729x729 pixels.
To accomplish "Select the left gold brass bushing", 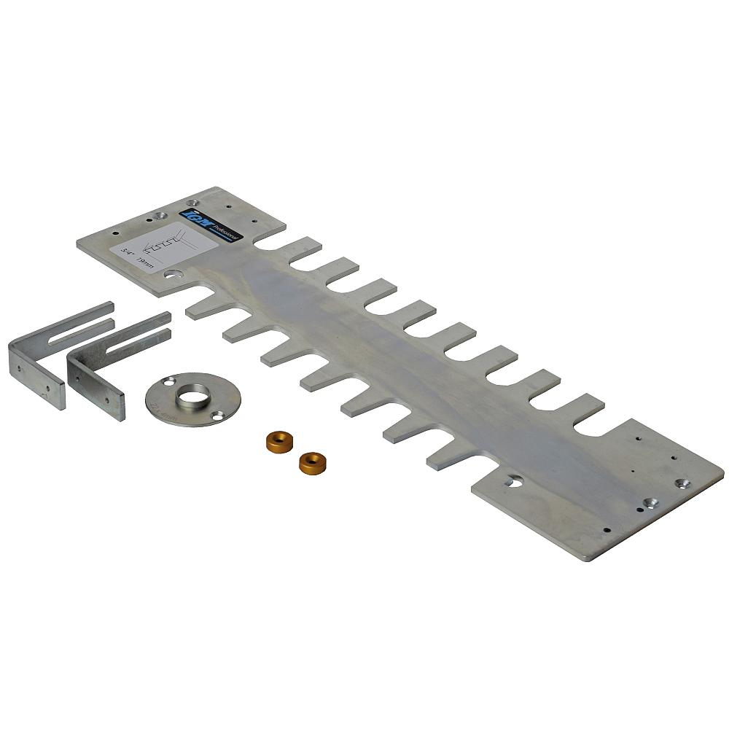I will click(x=275, y=441).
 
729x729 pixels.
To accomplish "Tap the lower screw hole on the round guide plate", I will click(x=217, y=415).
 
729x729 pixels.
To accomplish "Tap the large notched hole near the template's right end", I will click(x=515, y=481).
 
